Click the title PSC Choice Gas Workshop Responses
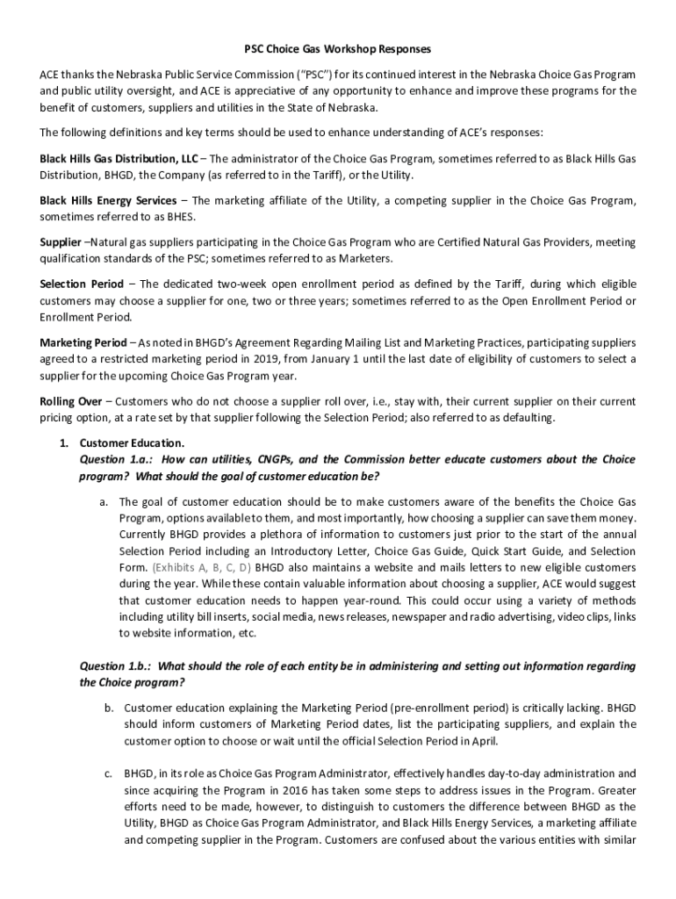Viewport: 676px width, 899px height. (337, 49)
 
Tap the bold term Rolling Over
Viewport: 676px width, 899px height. (70, 401)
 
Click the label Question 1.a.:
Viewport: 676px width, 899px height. (117, 459)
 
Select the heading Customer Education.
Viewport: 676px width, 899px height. (133, 442)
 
